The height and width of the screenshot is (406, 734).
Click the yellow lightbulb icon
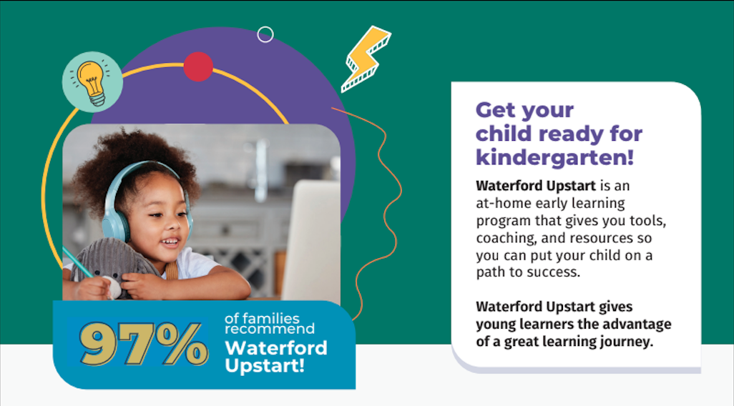coord(92,82)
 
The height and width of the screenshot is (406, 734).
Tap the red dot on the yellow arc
coord(198,67)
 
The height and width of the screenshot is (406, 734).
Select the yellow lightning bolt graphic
coord(365,59)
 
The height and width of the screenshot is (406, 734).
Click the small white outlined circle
coord(265,34)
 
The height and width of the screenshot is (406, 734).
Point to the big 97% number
coord(145,344)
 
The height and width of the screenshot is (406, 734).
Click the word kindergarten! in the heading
coord(554,157)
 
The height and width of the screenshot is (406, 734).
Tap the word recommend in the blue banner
coord(270,329)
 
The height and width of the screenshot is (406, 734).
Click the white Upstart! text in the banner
coord(265,365)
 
